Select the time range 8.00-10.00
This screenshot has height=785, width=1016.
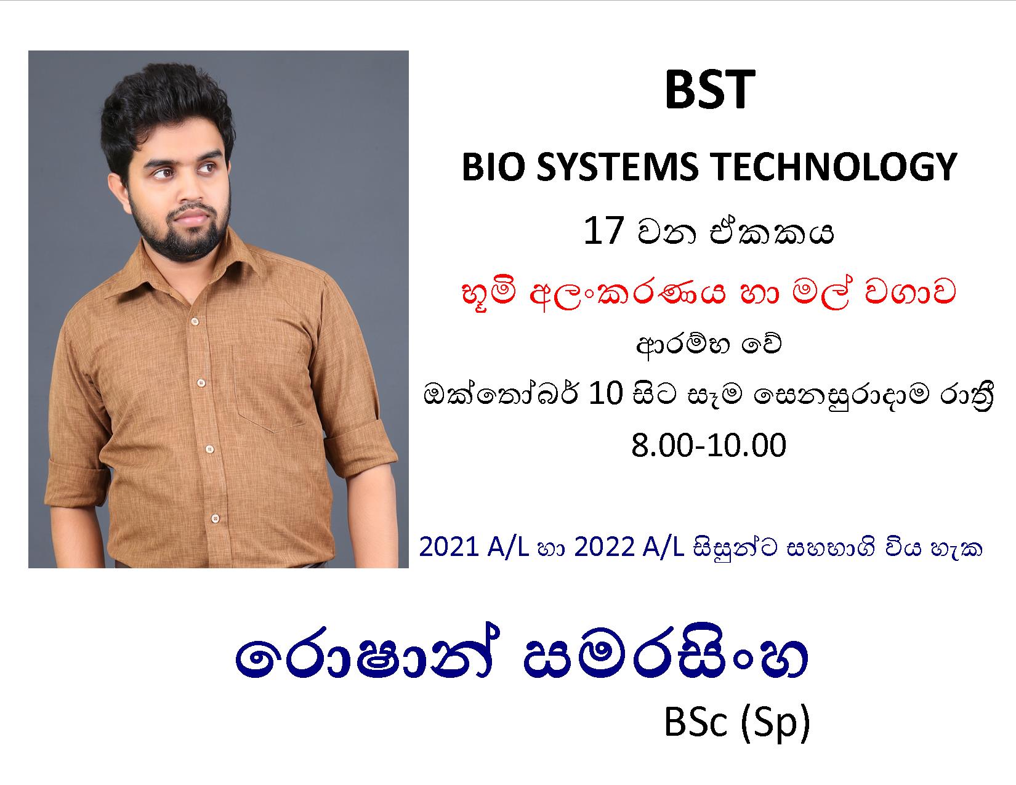(709, 445)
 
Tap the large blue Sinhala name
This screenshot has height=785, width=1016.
(521, 658)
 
